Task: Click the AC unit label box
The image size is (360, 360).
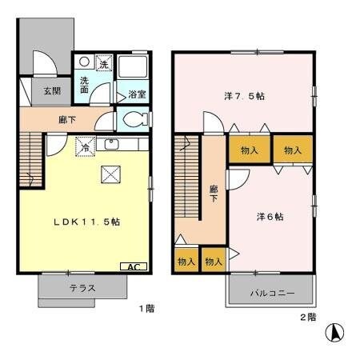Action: [x=134, y=266]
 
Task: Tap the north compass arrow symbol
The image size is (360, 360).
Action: [x=338, y=330]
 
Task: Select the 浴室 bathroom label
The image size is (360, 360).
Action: [x=137, y=94]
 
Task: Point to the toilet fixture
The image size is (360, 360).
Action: [x=134, y=120]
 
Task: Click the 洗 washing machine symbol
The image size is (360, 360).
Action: [x=103, y=63]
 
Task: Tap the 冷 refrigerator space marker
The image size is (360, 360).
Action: [x=84, y=146]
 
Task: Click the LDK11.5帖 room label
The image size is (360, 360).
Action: [x=89, y=222]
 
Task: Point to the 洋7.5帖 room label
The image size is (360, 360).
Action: [x=245, y=97]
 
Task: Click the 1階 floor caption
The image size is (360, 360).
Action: [x=144, y=308]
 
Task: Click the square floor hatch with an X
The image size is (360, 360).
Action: [x=108, y=175]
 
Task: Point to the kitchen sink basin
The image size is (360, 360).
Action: [x=113, y=144]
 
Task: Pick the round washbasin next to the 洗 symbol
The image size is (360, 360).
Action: [x=84, y=62]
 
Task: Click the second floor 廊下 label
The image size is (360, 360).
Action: [x=214, y=194]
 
